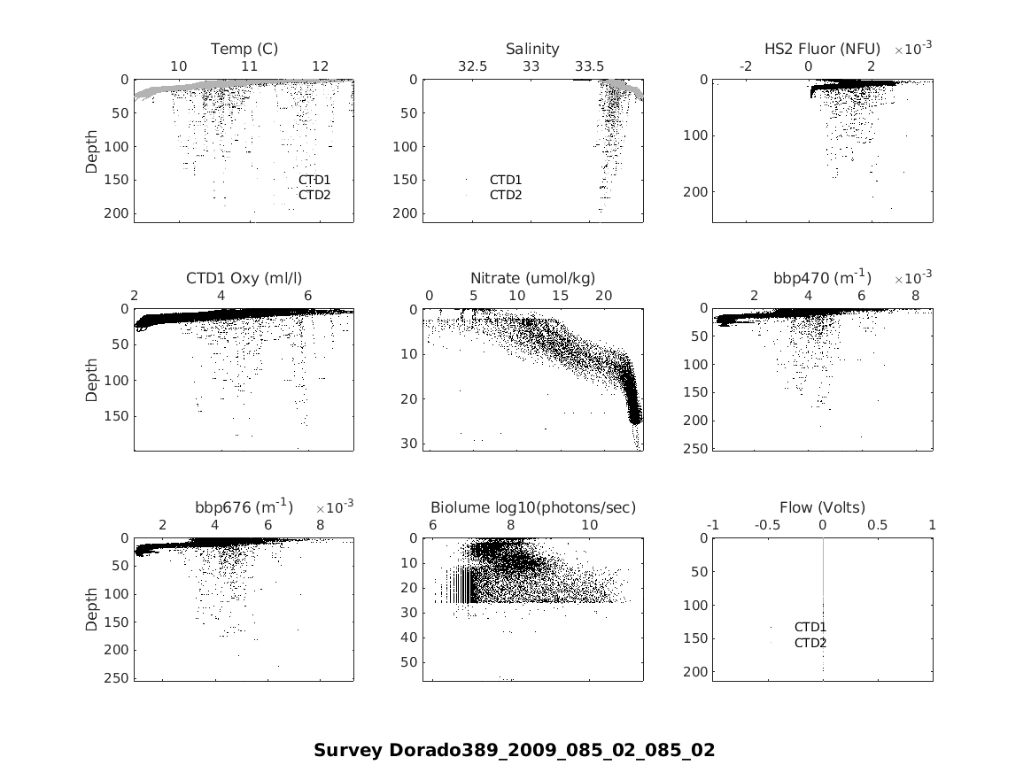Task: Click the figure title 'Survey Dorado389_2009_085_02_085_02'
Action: (514, 750)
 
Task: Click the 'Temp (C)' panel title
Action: (244, 49)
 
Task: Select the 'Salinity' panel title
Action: (532, 49)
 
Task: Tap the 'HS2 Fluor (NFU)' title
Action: (822, 49)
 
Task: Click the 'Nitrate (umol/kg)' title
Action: (532, 278)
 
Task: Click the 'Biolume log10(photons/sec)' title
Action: (532, 507)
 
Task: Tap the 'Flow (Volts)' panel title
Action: (822, 507)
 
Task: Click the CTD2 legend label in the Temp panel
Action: (314, 195)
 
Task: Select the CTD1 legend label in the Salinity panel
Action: (506, 180)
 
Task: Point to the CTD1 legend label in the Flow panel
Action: (810, 627)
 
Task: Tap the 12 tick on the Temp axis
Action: (321, 66)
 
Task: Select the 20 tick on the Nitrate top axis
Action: (603, 296)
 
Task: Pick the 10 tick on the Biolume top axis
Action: (589, 525)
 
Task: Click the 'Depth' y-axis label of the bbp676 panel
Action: (92, 608)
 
